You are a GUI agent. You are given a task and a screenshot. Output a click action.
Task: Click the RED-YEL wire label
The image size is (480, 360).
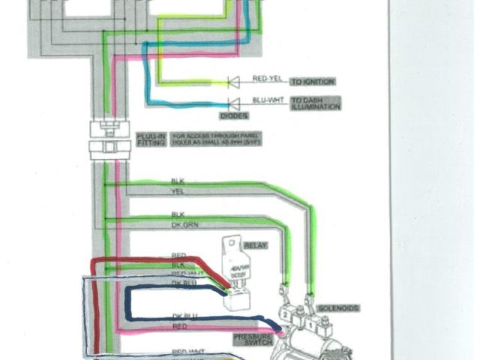tap(267, 78)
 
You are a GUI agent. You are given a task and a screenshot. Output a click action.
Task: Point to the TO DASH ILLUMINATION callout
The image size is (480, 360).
tap(315, 103)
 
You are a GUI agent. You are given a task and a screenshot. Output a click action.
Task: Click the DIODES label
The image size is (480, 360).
tap(232, 115)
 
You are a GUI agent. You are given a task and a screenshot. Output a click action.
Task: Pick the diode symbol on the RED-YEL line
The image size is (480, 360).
tap(233, 81)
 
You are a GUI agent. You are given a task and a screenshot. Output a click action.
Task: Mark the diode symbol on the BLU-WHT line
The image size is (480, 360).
tap(233, 103)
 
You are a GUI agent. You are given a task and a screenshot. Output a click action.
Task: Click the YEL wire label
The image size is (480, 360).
tap(177, 192)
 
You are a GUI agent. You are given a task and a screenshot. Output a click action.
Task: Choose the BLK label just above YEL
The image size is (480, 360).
tap(177, 181)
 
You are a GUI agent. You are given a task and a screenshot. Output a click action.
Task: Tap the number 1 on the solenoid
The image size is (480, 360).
tap(310, 324)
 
